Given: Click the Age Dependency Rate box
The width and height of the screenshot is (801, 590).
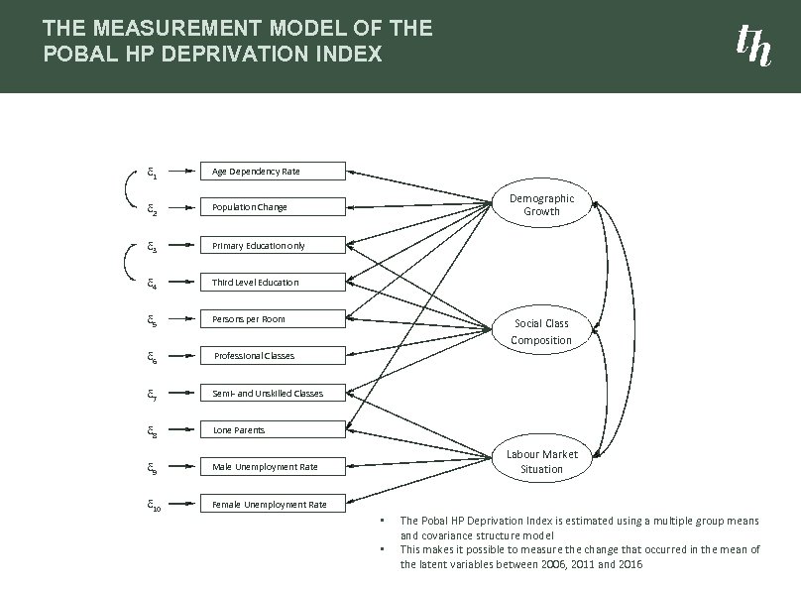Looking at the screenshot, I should click(273, 172).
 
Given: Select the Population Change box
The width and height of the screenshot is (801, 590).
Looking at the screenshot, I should click(273, 208).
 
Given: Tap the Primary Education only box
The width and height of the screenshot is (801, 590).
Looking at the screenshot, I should click(273, 245).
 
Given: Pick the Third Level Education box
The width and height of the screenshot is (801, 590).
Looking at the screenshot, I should click(273, 283).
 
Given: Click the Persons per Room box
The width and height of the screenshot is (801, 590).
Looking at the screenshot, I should click(273, 319).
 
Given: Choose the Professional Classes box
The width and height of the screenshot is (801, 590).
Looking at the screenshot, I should click(273, 356).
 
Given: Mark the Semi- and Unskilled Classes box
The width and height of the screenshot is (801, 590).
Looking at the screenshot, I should click(273, 393).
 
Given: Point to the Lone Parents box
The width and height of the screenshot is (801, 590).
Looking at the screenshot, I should click(273, 430).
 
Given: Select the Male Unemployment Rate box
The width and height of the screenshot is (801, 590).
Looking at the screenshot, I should click(273, 467).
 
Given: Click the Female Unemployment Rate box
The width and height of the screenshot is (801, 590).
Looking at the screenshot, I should click(273, 504).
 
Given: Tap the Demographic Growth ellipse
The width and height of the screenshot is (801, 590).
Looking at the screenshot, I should click(541, 205).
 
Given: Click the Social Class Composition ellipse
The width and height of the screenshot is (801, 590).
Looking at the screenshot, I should click(541, 331).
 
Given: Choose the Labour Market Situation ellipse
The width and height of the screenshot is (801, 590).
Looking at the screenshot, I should click(541, 461).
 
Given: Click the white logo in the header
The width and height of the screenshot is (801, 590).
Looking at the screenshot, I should click(752, 45).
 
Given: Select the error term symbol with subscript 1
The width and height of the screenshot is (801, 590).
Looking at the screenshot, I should click(151, 172).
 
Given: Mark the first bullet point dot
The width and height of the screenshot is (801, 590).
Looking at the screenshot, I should click(383, 521).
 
